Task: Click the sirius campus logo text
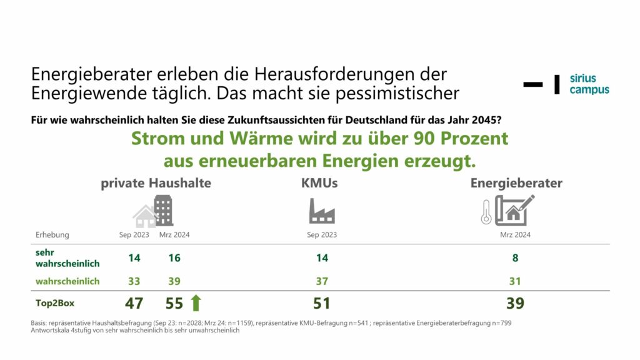coord(589,84)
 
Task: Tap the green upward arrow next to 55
coord(196,303)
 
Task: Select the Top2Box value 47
coord(134,304)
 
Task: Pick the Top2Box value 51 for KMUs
coord(321,304)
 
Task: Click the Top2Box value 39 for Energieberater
coord(515,304)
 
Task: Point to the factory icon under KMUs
coord(322,211)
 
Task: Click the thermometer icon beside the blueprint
coord(486,212)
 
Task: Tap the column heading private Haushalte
coord(156,183)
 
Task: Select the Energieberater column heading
coord(516,183)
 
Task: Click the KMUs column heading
coord(319,183)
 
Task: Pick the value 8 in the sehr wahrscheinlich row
coord(515,257)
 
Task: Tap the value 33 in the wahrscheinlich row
coord(134,281)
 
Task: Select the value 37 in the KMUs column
coord(322,281)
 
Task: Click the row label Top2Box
coord(54,303)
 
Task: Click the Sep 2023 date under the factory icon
coord(322,235)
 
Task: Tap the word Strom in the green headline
coord(151,138)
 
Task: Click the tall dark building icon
coord(164,210)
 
